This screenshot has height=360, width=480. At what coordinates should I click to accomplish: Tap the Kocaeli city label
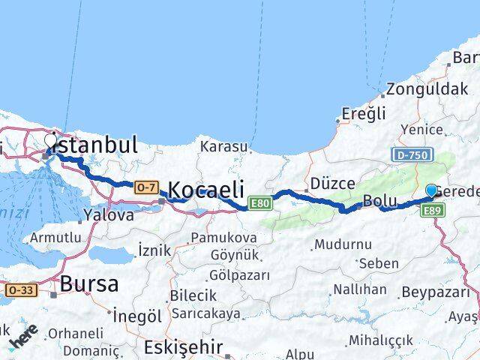click(208, 190)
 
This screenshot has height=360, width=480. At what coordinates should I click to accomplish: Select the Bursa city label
click(88, 284)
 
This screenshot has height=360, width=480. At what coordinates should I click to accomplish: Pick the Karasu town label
click(223, 145)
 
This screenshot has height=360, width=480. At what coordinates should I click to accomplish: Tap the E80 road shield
click(260, 203)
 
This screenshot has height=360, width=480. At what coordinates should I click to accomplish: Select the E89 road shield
click(433, 211)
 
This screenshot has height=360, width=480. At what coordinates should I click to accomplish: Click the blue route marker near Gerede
click(431, 190)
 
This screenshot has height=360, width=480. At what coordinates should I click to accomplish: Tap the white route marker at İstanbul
click(51, 139)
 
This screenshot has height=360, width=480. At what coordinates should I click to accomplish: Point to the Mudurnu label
click(343, 244)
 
